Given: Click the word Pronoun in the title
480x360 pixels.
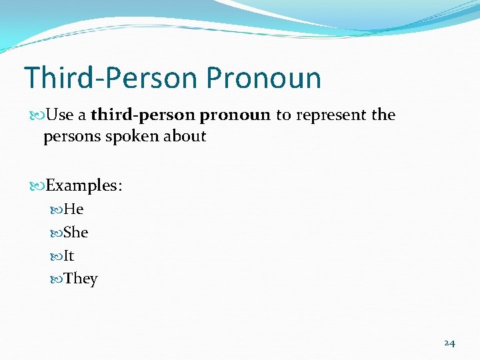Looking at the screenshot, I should tap(263, 78).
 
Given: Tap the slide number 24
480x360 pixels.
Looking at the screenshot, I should tap(449, 343).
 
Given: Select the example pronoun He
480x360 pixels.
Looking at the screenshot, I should tap(73, 209).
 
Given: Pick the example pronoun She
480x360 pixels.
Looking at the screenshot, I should tap(75, 233).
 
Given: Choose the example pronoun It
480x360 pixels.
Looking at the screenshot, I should tap(69, 256).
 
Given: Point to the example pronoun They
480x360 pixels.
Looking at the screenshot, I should tap(81, 279).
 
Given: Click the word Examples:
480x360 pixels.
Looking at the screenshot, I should tap(83, 185).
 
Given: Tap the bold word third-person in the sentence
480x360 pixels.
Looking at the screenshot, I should tap(143, 115).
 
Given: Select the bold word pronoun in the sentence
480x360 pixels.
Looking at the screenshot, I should tap(235, 115).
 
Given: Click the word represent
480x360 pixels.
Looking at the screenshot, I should tap(331, 115).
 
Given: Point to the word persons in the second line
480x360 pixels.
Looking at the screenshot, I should tap(68, 137).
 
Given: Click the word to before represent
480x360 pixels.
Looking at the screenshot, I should tap(283, 115).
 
